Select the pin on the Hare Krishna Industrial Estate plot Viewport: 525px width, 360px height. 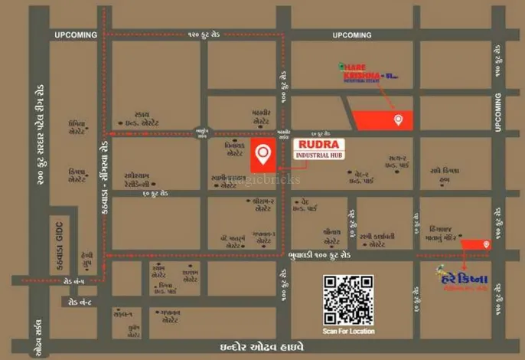(x=398, y=119)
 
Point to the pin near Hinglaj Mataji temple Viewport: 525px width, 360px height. (x=487, y=244)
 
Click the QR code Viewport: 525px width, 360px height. (x=349, y=298)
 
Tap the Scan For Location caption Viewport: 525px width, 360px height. (x=349, y=331)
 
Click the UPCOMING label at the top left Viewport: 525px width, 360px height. (x=76, y=35)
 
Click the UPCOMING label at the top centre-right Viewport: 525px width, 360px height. (x=351, y=35)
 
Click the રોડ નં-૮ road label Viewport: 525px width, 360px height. (x=80, y=302)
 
